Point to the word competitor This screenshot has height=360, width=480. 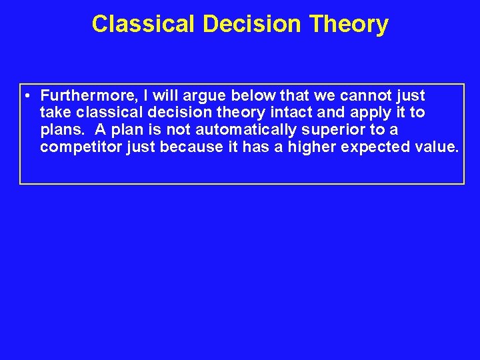[80, 147]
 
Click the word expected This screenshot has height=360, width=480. [376, 147]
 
